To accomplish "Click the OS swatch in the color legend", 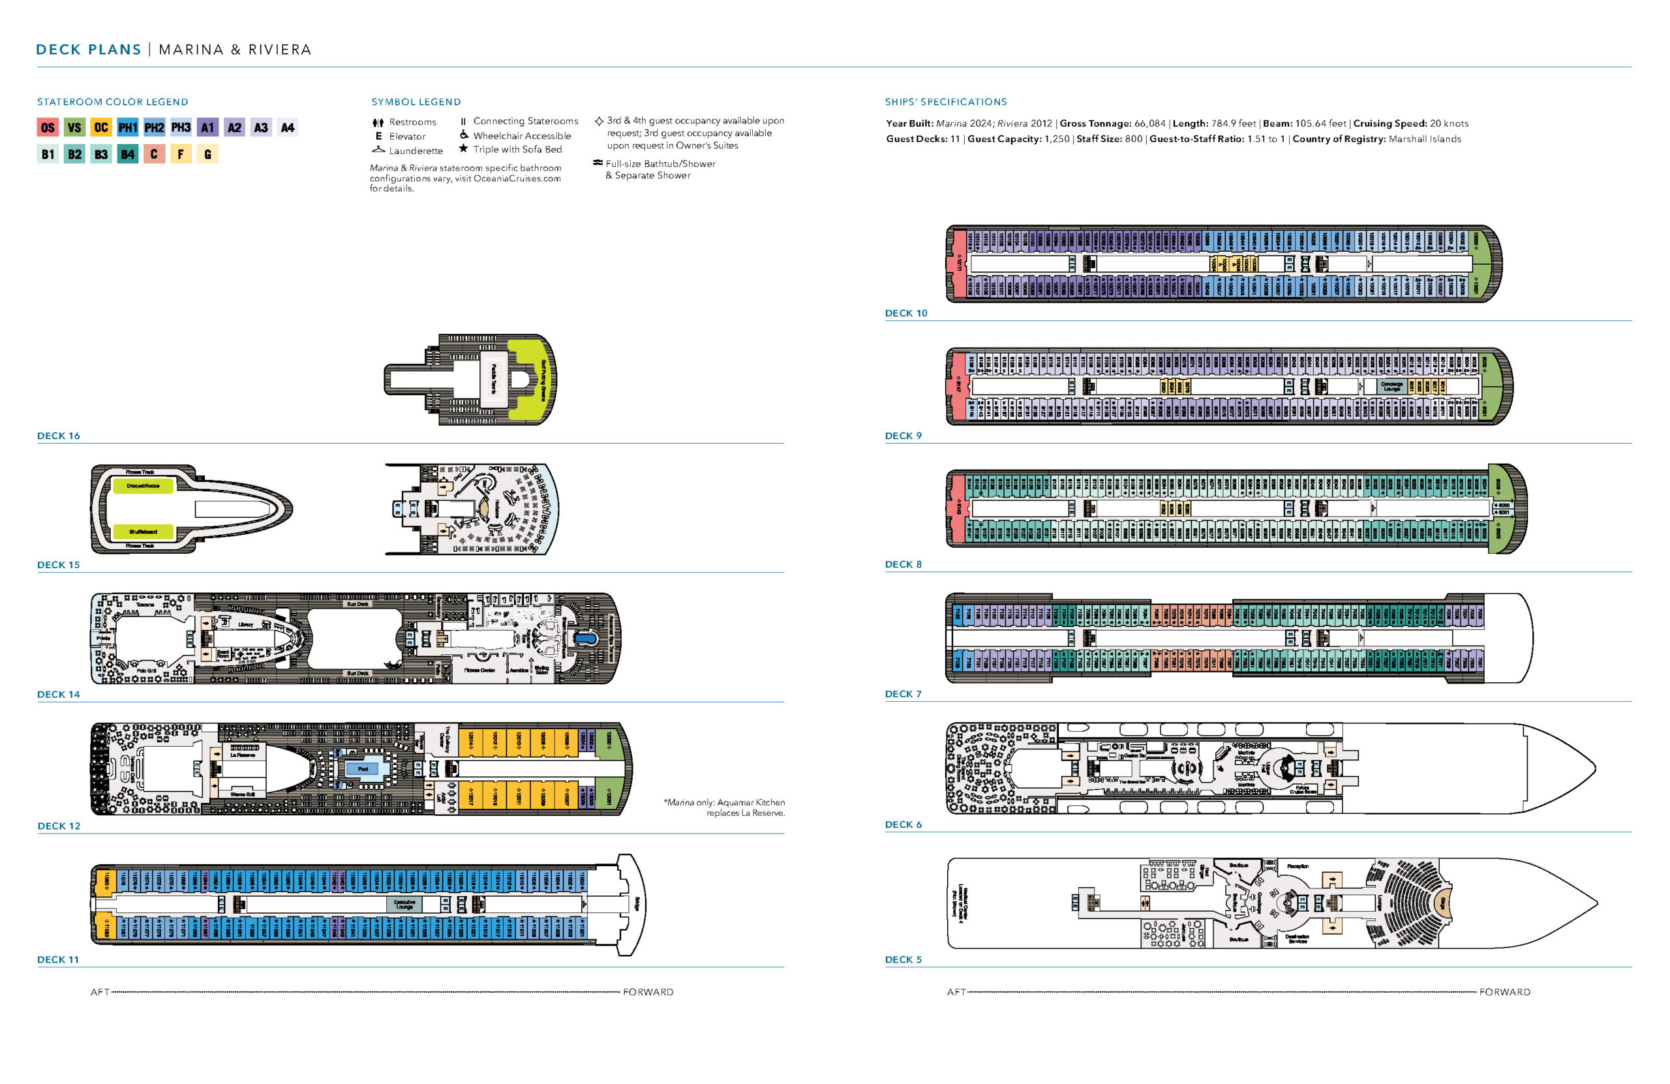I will pyautogui.click(x=47, y=128).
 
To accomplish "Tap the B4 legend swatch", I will pyautogui.click(x=127, y=155).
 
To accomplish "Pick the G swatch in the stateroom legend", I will pyautogui.click(x=207, y=155).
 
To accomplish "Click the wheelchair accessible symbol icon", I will pyautogui.click(x=464, y=136).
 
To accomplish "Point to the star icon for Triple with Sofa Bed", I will pyautogui.click(x=463, y=149).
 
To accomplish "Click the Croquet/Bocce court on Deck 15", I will pyautogui.click(x=142, y=485).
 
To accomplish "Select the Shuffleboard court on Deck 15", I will pyautogui.click(x=142, y=532).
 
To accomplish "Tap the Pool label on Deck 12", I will pyautogui.click(x=363, y=769).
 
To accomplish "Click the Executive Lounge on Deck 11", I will pyautogui.click(x=404, y=905).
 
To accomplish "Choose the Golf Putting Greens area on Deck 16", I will pyautogui.click(x=542, y=380).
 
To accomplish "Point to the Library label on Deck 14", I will pyautogui.click(x=245, y=624).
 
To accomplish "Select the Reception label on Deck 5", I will pyautogui.click(x=1298, y=867).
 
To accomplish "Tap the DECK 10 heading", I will pyautogui.click(x=906, y=314).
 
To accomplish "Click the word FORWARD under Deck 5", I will pyautogui.click(x=1504, y=992).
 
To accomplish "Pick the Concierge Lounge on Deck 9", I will pyautogui.click(x=1391, y=386).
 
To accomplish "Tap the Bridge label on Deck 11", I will pyautogui.click(x=637, y=904).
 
